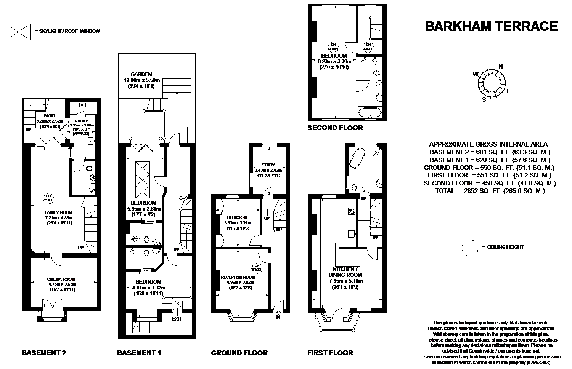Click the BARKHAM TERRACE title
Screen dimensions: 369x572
pos(491,26)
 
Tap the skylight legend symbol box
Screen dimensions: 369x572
pos(18,31)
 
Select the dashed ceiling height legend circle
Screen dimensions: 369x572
pos(469,247)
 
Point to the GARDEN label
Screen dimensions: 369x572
pos(141,75)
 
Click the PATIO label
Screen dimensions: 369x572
pos(49,116)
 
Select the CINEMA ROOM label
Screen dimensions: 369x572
pos(62,279)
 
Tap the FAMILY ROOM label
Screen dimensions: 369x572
pos(58,212)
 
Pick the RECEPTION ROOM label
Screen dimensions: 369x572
pos(238,277)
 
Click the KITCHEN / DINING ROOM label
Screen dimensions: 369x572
pos(345,272)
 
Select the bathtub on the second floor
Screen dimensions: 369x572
pos(370,112)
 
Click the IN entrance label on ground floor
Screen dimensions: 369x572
pos(278,316)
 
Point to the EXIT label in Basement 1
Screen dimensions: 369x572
pos(177,318)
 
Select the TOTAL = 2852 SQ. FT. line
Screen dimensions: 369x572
pos(490,191)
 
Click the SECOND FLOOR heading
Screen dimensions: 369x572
pos(335,128)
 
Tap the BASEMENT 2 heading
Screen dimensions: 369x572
pos(44,353)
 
